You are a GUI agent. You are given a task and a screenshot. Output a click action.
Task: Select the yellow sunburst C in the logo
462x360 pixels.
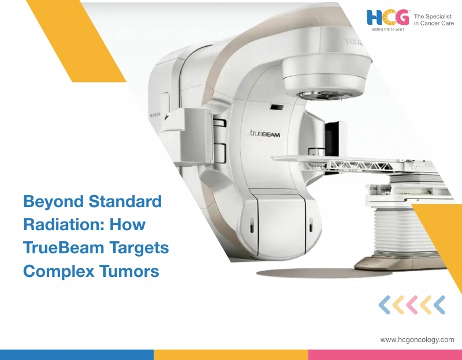click(388, 17)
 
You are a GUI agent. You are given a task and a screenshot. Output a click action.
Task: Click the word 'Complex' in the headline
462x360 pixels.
click(58, 271)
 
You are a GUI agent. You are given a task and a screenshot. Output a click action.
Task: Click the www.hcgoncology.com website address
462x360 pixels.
click(417, 340)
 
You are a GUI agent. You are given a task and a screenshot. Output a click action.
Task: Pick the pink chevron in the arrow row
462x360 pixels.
click(412, 305)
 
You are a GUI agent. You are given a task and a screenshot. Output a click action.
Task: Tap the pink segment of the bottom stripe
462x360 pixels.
click(385, 354)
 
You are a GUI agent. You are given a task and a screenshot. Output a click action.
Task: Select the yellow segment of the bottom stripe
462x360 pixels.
click(231, 354)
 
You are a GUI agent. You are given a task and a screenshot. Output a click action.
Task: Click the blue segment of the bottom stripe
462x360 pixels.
click(77, 354)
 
